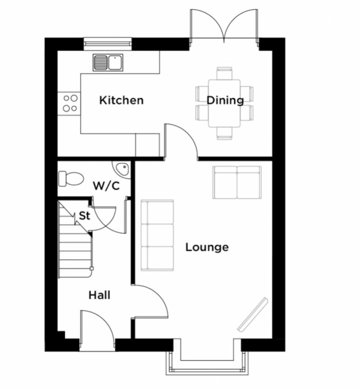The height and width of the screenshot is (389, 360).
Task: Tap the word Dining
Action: (x=225, y=100)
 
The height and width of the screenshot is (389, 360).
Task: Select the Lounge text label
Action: (x=207, y=247)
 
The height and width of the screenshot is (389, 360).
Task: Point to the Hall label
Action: (x=99, y=295)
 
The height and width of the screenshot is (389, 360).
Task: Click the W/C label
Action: (x=106, y=186)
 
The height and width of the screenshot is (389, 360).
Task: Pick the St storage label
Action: (x=84, y=216)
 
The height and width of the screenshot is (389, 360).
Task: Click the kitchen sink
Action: (x=108, y=63)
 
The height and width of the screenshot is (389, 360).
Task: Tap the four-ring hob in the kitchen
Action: (x=70, y=103)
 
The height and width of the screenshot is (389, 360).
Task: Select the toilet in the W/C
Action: (x=70, y=178)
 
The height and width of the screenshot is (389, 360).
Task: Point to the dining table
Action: (x=224, y=104)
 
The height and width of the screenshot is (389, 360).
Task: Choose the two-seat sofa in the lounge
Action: (x=237, y=182)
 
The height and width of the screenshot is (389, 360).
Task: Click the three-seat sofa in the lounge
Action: (x=157, y=235)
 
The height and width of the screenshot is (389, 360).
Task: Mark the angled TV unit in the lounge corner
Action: (x=252, y=314)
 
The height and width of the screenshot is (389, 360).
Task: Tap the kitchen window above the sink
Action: (x=108, y=43)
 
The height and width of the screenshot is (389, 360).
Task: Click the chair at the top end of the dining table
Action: (x=224, y=74)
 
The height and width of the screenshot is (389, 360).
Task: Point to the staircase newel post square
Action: (x=91, y=269)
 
